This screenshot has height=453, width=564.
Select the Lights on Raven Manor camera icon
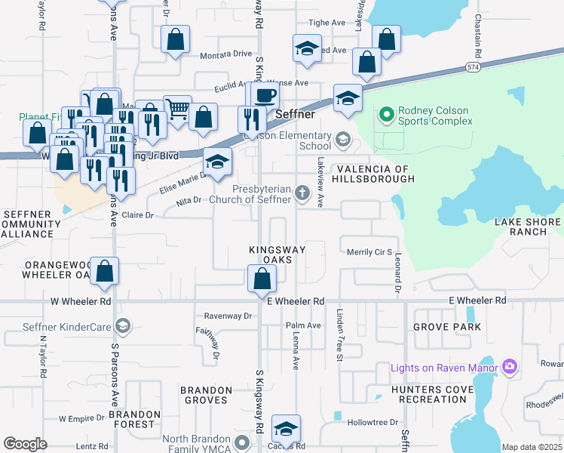click(x=509, y=367)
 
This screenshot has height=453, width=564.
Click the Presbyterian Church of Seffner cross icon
click(x=302, y=193)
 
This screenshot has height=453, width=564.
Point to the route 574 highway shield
click(x=472, y=67)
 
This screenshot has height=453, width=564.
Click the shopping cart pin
click(x=177, y=110)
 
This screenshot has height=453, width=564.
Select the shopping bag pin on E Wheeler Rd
click(x=261, y=279)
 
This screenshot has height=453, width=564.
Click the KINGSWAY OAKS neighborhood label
click(x=277, y=254)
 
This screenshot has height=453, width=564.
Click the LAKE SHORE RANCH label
click(x=527, y=226)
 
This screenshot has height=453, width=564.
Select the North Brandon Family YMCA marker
click(x=242, y=442)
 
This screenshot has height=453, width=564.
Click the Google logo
click(x=25, y=443)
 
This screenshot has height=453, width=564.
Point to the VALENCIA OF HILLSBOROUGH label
click(x=375, y=174)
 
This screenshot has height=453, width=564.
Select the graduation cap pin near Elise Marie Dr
click(x=216, y=162)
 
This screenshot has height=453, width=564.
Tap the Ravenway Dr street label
click(x=228, y=316)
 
